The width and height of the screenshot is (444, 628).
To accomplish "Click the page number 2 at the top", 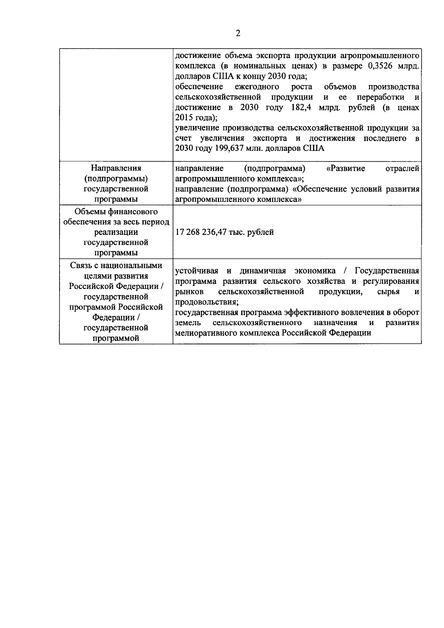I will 238,34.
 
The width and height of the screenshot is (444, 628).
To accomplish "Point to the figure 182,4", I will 299,108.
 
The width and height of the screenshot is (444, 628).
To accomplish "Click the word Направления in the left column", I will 116,168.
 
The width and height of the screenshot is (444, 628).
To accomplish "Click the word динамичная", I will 263,271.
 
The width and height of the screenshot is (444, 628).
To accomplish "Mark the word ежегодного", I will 257,87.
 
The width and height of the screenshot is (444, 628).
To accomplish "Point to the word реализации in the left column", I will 116,232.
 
